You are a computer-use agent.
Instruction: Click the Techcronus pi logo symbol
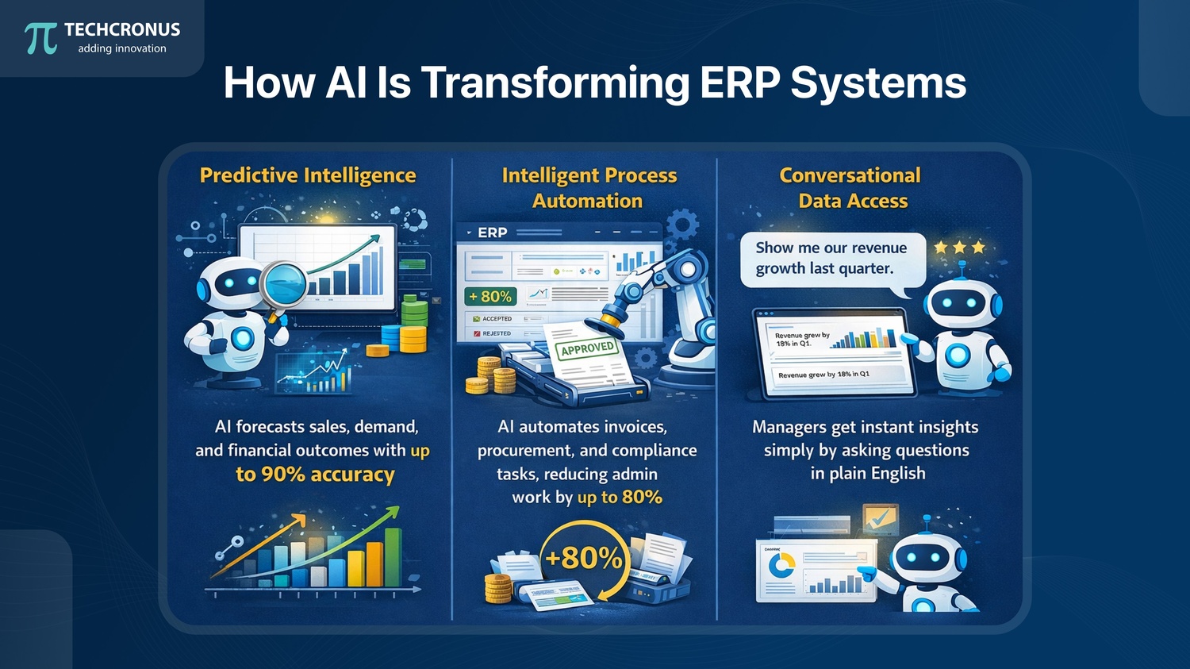click(40, 37)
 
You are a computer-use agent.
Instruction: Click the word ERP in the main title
click(738, 83)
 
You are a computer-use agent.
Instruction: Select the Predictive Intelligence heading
click(308, 175)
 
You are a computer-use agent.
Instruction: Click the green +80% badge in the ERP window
click(490, 297)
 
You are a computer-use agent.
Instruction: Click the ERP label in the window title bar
click(492, 233)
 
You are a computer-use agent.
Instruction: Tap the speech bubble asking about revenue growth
click(831, 259)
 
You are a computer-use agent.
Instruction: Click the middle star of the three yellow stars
click(959, 248)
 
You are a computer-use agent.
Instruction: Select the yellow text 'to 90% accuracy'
click(315, 475)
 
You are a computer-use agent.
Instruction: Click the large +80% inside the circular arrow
click(584, 558)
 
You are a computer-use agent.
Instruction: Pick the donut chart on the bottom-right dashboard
click(782, 565)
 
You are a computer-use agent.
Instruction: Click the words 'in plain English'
click(868, 474)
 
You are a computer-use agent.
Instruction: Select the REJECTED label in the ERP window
click(496, 333)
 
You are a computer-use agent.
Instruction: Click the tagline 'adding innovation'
click(122, 48)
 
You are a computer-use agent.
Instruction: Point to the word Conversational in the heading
click(850, 175)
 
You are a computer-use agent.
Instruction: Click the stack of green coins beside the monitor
click(413, 310)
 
